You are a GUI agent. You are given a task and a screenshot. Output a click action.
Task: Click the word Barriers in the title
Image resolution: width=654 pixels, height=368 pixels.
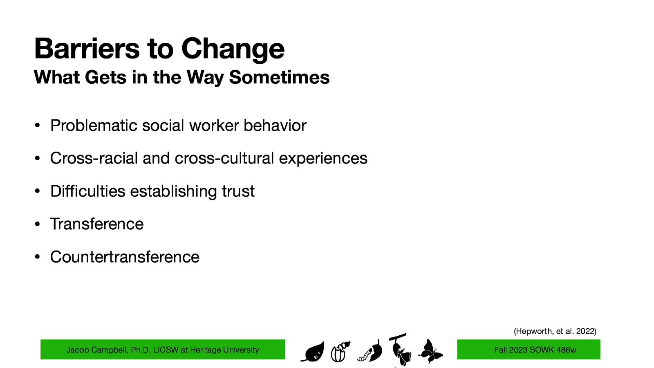[x=87, y=49]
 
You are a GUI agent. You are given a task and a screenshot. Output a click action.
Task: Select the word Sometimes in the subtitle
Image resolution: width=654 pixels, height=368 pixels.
[x=279, y=77]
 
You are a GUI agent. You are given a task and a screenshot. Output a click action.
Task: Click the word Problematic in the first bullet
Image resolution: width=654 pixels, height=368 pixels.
[x=94, y=126]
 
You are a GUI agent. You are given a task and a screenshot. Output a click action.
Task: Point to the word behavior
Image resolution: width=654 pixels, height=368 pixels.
[x=275, y=126]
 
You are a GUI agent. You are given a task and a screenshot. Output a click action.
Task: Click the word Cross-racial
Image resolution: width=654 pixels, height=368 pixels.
[x=94, y=158]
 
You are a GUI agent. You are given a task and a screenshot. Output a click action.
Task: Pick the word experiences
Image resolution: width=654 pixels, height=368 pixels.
[x=323, y=159]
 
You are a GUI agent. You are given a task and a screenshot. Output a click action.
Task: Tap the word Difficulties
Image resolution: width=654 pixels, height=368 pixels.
[x=87, y=191]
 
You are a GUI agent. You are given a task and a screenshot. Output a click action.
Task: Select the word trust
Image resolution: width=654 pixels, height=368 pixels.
[x=238, y=191]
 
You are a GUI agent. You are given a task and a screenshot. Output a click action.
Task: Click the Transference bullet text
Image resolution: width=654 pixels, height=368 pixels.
[x=97, y=224]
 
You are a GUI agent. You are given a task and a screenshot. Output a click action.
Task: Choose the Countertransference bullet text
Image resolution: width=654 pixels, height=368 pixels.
[x=125, y=257]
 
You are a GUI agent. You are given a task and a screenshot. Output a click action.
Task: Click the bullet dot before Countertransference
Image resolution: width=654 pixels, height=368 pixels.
[x=37, y=257]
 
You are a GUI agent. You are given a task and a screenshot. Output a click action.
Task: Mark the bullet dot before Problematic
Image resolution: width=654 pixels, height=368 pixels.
[x=37, y=126]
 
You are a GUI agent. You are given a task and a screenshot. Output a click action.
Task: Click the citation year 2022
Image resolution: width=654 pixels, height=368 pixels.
[x=585, y=331]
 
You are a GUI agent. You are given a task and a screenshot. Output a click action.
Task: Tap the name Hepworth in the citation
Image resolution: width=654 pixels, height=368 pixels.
[x=533, y=331]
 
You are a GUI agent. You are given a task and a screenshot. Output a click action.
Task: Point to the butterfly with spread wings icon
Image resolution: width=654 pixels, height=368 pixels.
[x=430, y=351]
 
